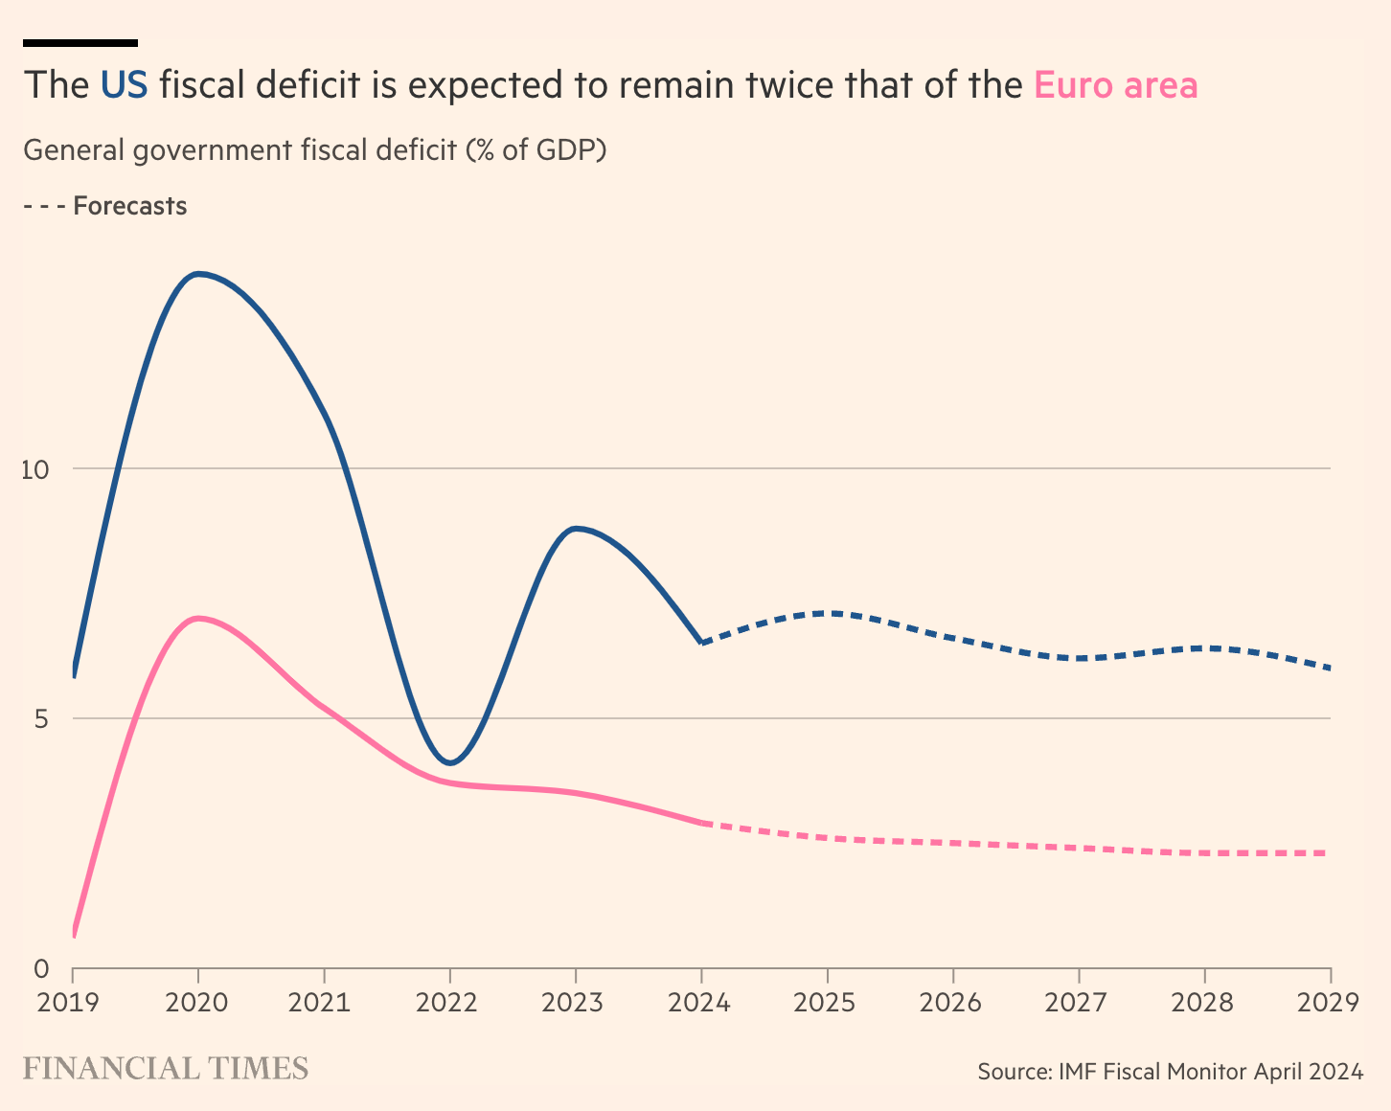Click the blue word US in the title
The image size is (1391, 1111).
point(124,85)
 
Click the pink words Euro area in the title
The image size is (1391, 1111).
point(1115,85)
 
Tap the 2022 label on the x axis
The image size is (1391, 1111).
point(448,1003)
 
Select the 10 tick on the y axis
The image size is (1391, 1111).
point(35,469)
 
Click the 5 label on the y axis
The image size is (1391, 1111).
point(41,718)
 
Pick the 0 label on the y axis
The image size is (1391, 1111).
point(41,969)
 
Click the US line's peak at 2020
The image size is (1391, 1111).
point(198,274)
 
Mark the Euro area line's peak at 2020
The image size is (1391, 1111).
point(198,619)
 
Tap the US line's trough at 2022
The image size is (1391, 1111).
point(450,763)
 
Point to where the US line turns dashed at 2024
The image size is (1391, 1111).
point(702,643)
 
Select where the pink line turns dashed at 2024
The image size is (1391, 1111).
point(702,823)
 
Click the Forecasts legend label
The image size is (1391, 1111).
point(129,206)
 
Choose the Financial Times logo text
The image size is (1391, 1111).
point(166,1069)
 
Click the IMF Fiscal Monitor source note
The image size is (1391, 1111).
point(1170,1071)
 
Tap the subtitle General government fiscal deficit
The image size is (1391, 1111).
point(314,150)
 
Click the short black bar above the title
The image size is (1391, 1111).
point(80,42)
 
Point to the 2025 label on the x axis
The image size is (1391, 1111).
point(827,1003)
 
